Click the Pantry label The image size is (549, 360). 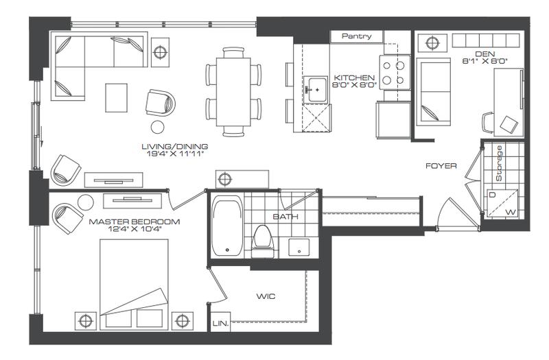(x=356, y=36)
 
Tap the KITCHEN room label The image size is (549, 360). (x=354, y=77)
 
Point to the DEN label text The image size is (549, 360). (x=485, y=54)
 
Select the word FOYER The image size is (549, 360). (x=441, y=166)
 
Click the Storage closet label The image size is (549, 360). (x=499, y=163)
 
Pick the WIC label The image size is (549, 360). (x=266, y=296)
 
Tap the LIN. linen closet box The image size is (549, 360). (x=220, y=322)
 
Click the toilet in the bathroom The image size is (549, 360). (x=263, y=241)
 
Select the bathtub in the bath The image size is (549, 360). (x=227, y=226)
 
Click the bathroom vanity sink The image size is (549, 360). (x=299, y=248)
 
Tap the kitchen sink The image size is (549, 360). (x=317, y=90)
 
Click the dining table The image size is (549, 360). (x=233, y=92)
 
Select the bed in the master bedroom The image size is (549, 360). (x=134, y=285)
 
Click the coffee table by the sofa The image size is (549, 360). (x=116, y=97)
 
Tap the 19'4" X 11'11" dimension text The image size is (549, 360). (x=175, y=154)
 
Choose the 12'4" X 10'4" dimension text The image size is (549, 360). (x=135, y=230)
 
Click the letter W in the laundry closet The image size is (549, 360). (x=511, y=213)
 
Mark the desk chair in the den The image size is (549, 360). (x=488, y=122)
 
